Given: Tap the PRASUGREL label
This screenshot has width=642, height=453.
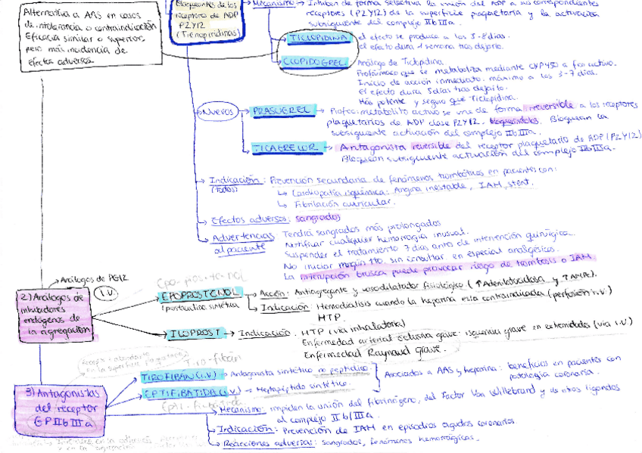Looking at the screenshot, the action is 280,110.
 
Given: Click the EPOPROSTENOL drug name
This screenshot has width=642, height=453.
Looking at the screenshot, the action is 200,292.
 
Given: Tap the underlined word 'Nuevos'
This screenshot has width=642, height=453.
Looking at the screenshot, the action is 218,111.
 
